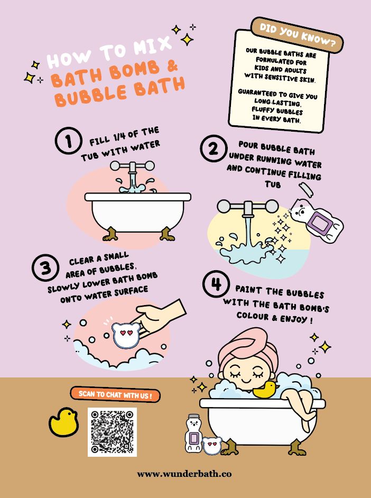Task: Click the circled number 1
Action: tap(69, 141)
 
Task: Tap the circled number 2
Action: tap(214, 149)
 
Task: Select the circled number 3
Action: tap(45, 268)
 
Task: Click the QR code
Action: tap(112, 432)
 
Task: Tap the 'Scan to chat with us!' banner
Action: tap(115, 395)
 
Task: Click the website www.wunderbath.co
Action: tap(184, 474)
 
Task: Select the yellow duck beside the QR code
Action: tap(64, 422)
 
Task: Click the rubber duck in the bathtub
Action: tap(265, 390)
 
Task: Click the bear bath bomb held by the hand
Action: tap(126, 335)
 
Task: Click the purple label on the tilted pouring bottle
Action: tap(320, 224)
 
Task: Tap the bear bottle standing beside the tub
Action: tap(193, 433)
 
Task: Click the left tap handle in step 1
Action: tap(116, 165)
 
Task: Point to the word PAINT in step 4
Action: tap(248, 290)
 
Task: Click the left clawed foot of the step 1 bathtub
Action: tap(110, 234)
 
